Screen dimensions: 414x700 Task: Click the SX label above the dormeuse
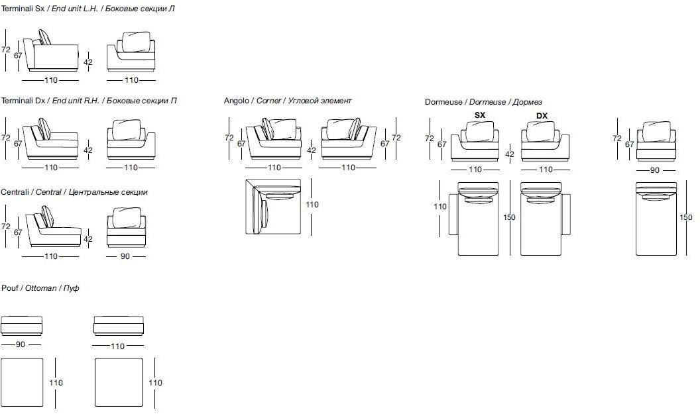(x=480, y=115)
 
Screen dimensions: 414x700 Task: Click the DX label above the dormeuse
(x=542, y=115)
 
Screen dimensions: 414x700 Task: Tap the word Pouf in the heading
(x=9, y=288)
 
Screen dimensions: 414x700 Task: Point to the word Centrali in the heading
(x=15, y=192)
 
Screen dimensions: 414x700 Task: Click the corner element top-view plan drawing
(x=273, y=206)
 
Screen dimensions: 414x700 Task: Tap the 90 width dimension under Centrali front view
(x=125, y=256)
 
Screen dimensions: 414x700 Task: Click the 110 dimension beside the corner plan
(x=312, y=205)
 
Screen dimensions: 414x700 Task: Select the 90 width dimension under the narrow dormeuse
(x=654, y=170)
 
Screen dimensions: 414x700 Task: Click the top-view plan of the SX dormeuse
(x=477, y=219)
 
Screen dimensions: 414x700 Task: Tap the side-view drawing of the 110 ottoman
(x=118, y=325)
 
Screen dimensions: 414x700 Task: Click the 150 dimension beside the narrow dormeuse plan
(x=685, y=217)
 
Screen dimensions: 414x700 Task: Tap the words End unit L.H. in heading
(x=74, y=9)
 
